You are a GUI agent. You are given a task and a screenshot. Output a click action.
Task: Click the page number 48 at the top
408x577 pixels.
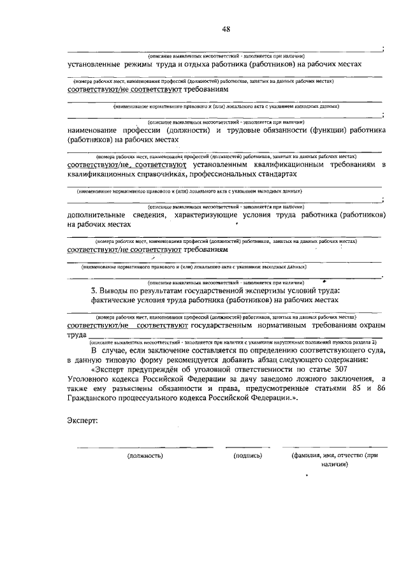coord(226,29)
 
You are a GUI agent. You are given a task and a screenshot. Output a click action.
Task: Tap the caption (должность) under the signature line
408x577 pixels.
coord(145,456)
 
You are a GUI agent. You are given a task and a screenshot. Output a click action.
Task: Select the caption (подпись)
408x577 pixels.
coord(248,456)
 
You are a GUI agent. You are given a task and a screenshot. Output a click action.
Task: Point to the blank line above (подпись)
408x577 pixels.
coord(248,446)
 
